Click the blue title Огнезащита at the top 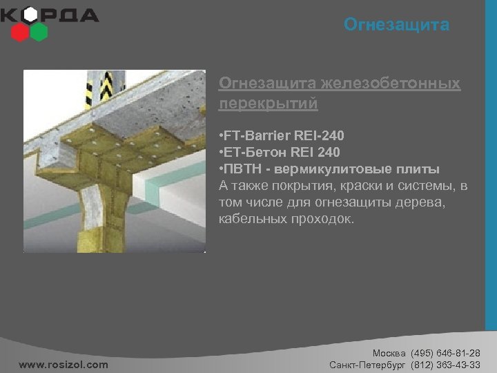(x=396, y=26)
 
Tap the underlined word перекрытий (x=269, y=104)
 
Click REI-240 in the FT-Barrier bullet (x=321, y=135)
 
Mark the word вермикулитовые (x=344, y=169)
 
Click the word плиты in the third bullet (x=419, y=169)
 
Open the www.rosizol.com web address (x=64, y=364)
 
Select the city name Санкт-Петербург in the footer (x=368, y=364)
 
